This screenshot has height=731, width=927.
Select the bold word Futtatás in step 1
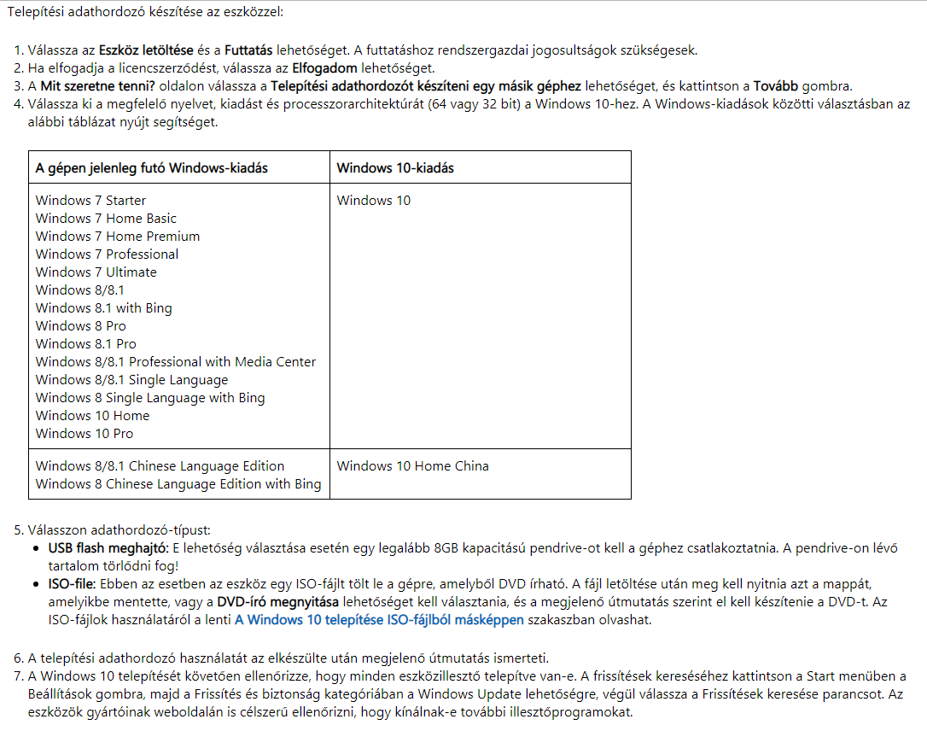(x=251, y=50)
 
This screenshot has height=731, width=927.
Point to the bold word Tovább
(x=776, y=86)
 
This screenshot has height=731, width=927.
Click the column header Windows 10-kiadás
(x=395, y=168)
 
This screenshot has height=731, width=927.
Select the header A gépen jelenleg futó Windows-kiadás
(x=152, y=168)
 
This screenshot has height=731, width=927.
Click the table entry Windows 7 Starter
(x=90, y=201)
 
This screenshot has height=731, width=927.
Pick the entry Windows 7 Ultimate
(x=96, y=272)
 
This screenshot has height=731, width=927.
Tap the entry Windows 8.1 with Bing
(x=104, y=308)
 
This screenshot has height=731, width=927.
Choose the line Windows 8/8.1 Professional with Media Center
(x=176, y=362)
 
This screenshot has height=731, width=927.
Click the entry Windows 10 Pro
(x=85, y=434)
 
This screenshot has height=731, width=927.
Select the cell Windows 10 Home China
(x=413, y=466)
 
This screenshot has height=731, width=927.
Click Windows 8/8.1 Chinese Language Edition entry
(x=160, y=466)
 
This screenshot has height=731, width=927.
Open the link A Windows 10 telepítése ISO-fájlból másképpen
(x=379, y=620)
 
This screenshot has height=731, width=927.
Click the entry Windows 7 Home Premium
(x=118, y=237)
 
